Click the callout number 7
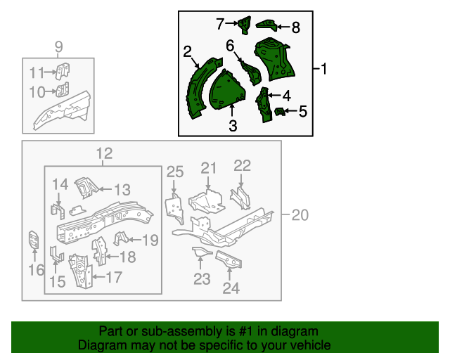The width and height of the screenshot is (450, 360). [x=220, y=25]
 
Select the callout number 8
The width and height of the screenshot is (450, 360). [x=295, y=28]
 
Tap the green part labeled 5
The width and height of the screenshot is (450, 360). [x=279, y=112]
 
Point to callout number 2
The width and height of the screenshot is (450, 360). [x=188, y=51]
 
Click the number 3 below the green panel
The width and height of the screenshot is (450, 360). [x=233, y=126]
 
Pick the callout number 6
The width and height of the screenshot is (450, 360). [x=230, y=46]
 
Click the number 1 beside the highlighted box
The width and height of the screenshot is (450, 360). [x=324, y=68]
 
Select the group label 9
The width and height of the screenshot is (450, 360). [x=59, y=47]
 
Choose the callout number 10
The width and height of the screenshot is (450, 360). [x=37, y=91]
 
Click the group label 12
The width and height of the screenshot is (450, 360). [x=104, y=154]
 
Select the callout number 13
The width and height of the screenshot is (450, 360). [x=122, y=189]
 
